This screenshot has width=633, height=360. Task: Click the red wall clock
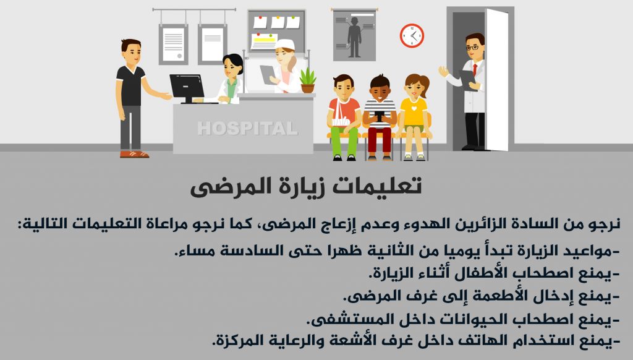pyautogui.click(x=412, y=35)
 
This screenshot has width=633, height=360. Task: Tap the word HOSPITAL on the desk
pyautogui.click(x=247, y=129)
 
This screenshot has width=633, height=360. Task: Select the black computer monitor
pyautogui.click(x=187, y=88)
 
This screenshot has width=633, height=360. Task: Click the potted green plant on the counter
pyautogui.click(x=308, y=80)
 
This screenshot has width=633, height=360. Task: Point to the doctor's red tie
pyautogui.click(x=475, y=69)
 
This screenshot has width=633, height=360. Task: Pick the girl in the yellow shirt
pyautogui.click(x=414, y=117)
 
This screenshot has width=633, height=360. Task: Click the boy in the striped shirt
pyautogui.click(x=380, y=117)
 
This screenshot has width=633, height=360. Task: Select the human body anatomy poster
pyautogui.click(x=354, y=35)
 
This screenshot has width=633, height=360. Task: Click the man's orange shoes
pyautogui.click(x=134, y=154)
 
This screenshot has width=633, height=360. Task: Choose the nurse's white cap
pyautogui.click(x=284, y=44)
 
